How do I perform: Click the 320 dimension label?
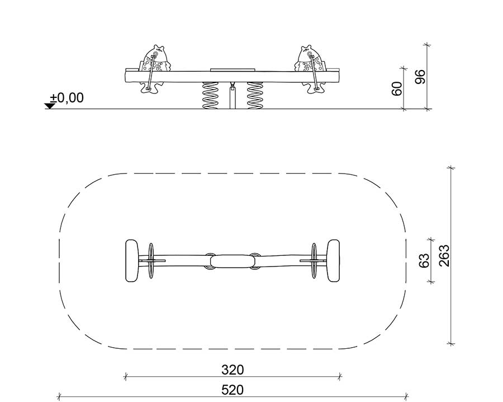tap(232, 370)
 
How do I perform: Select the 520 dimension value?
tap(232, 390)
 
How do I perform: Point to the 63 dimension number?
tap(424, 260)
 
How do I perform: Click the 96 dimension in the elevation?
tap(420, 77)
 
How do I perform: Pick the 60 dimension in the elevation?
tap(397, 88)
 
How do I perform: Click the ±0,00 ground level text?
tap(67, 97)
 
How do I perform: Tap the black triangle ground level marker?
tap(50, 106)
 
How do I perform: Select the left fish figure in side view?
tap(154, 69)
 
